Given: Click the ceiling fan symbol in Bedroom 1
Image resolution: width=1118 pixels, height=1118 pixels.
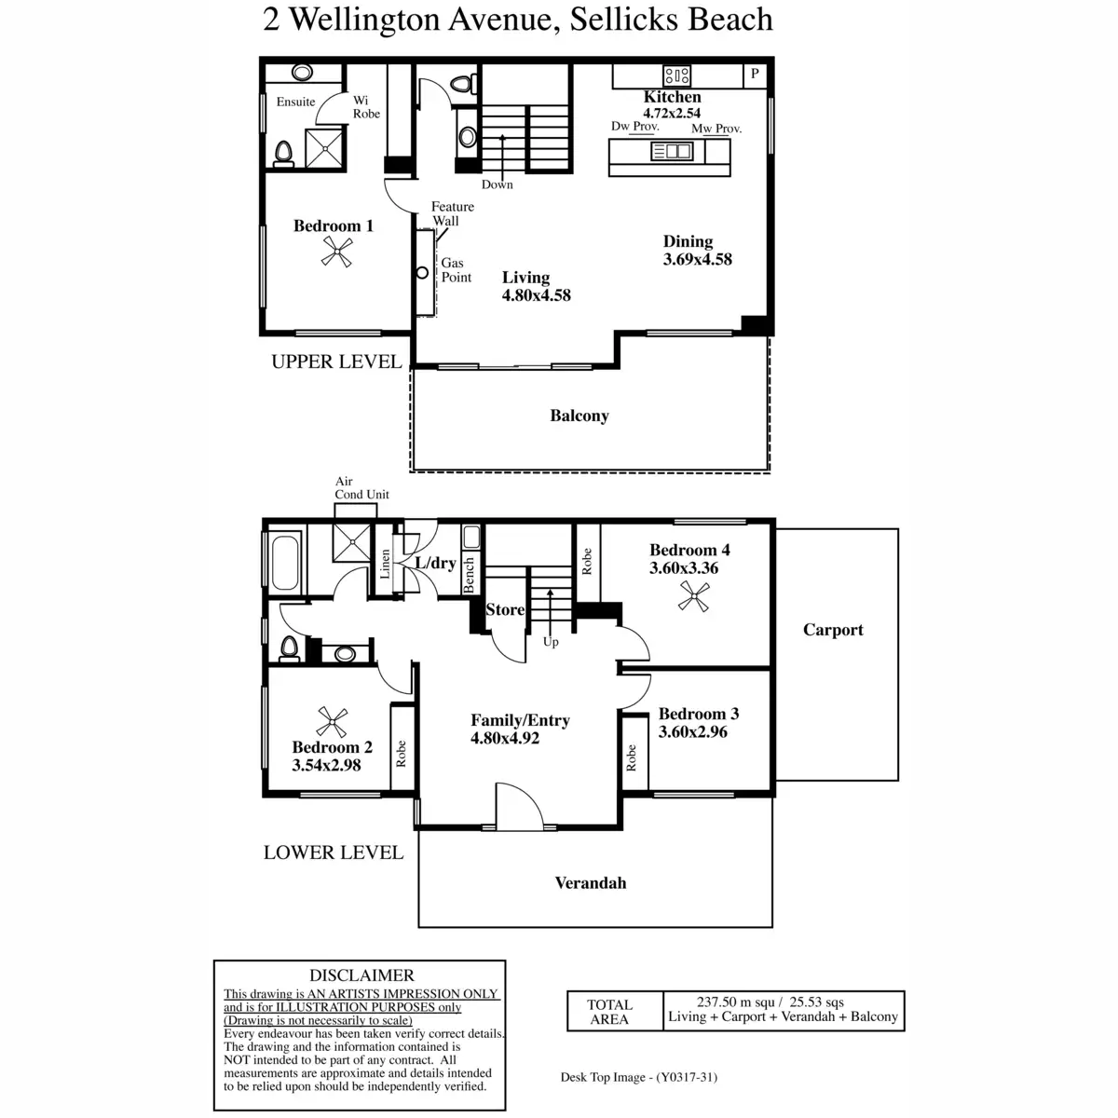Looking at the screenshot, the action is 337,252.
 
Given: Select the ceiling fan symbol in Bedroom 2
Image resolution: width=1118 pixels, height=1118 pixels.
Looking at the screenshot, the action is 333,722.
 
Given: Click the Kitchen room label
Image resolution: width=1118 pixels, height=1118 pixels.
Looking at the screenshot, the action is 672,97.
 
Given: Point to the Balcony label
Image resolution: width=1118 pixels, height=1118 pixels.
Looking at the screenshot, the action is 579,416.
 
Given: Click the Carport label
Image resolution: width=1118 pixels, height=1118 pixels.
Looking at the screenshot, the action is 833,630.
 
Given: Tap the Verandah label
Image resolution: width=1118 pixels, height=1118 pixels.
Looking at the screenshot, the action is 591,882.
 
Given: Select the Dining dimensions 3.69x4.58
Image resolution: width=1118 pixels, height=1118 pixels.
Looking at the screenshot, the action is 697,259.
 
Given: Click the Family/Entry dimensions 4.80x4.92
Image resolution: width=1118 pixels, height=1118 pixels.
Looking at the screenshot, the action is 505,738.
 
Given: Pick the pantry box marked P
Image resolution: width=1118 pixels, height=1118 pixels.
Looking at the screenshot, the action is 755,74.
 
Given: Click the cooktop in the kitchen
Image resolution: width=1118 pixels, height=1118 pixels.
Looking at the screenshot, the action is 676,75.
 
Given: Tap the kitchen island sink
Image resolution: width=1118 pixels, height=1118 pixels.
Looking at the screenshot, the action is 672,151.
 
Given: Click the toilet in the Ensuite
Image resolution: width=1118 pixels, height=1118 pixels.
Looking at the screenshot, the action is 284,154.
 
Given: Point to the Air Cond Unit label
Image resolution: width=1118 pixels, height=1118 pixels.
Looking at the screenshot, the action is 361,488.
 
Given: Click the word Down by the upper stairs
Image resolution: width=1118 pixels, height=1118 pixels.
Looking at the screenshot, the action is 498,184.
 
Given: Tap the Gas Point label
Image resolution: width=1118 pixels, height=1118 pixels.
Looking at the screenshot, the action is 456,270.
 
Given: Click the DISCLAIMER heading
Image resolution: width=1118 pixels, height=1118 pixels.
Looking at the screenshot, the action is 361,975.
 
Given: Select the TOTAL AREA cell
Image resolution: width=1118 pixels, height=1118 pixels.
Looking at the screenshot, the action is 609,1012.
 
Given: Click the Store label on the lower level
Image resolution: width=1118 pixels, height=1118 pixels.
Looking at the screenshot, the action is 505,609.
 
